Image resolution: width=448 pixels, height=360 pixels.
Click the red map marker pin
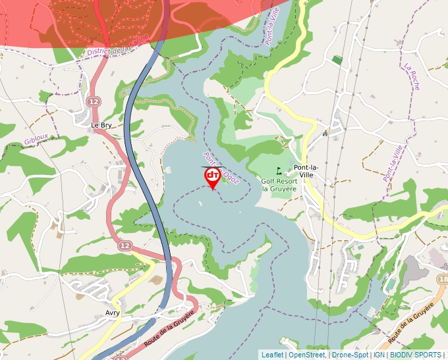click(213, 177)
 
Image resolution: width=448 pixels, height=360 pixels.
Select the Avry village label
click(112, 313)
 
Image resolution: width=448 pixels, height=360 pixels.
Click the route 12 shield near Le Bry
click(93, 101)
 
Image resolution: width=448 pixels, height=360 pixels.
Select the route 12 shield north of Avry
click(125, 245)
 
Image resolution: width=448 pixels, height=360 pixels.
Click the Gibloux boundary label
click(36, 138)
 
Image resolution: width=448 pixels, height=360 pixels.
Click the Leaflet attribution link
click(272, 355)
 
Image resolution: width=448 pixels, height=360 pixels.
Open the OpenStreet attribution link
click(307, 355)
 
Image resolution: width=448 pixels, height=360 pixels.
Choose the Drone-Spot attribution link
click(350, 355)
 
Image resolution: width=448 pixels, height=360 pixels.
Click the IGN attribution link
click(379, 355)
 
